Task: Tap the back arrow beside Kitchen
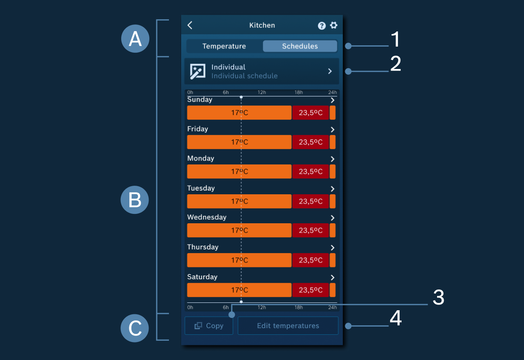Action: coord(190,25)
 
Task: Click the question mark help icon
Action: coord(322,25)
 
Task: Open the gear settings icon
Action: coord(333,25)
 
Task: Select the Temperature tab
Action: coord(224,46)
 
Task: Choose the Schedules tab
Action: coord(300,46)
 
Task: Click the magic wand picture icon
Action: coord(198,71)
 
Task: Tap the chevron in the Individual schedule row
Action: coord(330,71)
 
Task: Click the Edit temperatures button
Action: coord(288,326)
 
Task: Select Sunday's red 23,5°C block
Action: coord(311,113)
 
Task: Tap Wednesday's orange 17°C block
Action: coord(239,230)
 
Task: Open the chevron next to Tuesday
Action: coord(333,189)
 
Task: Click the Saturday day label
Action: coord(202,277)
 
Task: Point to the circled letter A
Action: coord(135,39)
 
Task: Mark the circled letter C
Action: coord(135,328)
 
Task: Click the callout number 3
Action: coord(438,297)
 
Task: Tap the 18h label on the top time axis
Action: coord(298,92)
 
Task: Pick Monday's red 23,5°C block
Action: coord(311,171)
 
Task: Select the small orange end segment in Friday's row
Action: coord(333,142)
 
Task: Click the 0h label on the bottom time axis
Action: coord(190,307)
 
